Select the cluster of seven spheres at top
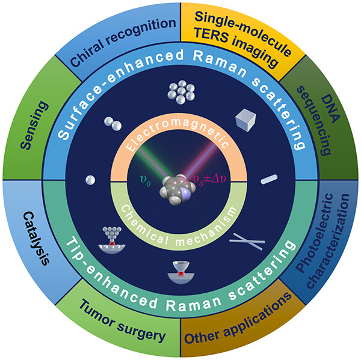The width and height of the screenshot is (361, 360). tap(180, 93)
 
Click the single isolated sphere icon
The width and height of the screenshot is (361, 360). tap(90, 180)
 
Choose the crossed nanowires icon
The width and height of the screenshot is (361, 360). tap(247, 242)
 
